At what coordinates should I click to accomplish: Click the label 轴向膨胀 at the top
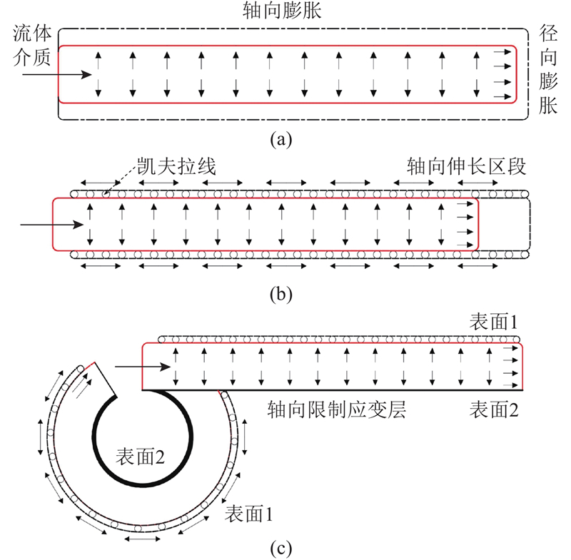coord(282,10)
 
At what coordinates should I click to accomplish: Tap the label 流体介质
coord(32,46)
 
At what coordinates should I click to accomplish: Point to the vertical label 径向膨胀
coord(548,69)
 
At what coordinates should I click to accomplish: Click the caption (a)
coord(281,139)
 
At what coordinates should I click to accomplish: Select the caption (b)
coord(281,294)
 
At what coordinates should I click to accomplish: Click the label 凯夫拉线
coord(176,167)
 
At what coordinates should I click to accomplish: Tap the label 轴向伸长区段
coord(467,167)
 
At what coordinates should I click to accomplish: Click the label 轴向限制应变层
coord(337,409)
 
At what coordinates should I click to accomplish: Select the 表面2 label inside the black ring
coord(140,457)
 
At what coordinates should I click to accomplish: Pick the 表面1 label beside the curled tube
coord(248,514)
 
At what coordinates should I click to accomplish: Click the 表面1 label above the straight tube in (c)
coord(493,322)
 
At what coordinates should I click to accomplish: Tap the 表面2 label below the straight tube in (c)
coord(493,409)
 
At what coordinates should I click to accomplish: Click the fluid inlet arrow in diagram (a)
coord(57,75)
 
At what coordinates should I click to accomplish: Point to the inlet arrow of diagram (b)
coord(51,225)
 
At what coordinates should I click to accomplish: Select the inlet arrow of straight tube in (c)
coord(143,367)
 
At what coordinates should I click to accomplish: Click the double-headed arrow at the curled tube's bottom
coord(142,539)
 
